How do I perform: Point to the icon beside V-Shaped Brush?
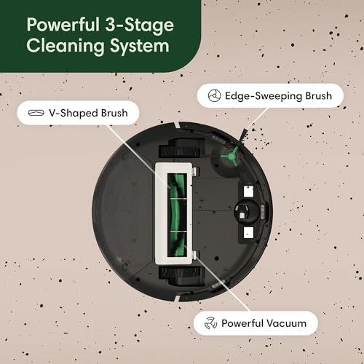(34, 114)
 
